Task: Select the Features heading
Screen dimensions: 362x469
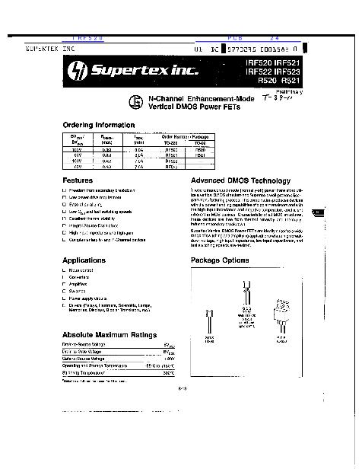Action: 77,180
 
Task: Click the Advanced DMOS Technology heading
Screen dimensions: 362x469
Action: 240,180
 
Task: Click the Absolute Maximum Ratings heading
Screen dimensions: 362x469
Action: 109,335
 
